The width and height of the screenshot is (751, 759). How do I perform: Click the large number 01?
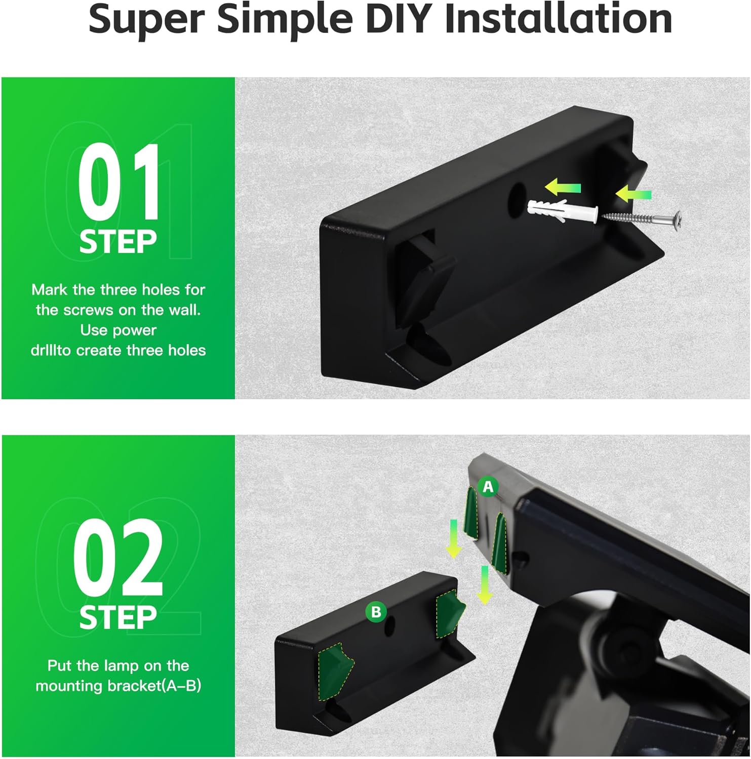pyautogui.click(x=118, y=182)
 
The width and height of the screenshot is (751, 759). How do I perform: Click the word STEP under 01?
pyautogui.click(x=118, y=242)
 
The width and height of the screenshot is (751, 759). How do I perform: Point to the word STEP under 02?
pyautogui.click(x=118, y=618)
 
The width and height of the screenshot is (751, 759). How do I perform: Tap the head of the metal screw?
pyautogui.click(x=678, y=221)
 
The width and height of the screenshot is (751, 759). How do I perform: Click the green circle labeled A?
pyautogui.click(x=488, y=487)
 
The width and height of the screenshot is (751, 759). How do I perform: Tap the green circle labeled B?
pyautogui.click(x=376, y=612)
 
